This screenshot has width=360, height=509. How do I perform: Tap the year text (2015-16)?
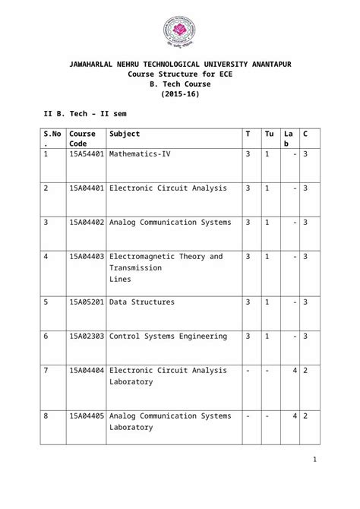[180, 94]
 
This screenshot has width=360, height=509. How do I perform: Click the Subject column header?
[125, 134]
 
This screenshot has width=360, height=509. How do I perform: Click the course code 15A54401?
[87, 154]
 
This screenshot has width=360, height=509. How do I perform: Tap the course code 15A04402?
[87, 223]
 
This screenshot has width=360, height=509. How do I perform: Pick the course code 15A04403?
[87, 257]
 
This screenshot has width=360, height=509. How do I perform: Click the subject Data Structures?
[141, 302]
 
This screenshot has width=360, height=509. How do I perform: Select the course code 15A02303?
[87, 336]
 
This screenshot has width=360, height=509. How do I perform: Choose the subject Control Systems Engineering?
[168, 336]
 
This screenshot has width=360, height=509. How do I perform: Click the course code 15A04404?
[87, 371]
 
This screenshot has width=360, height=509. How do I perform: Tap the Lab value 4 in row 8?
[294, 416]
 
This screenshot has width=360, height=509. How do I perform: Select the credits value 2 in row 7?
[305, 371]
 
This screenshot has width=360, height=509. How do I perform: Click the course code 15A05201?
[87, 302]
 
